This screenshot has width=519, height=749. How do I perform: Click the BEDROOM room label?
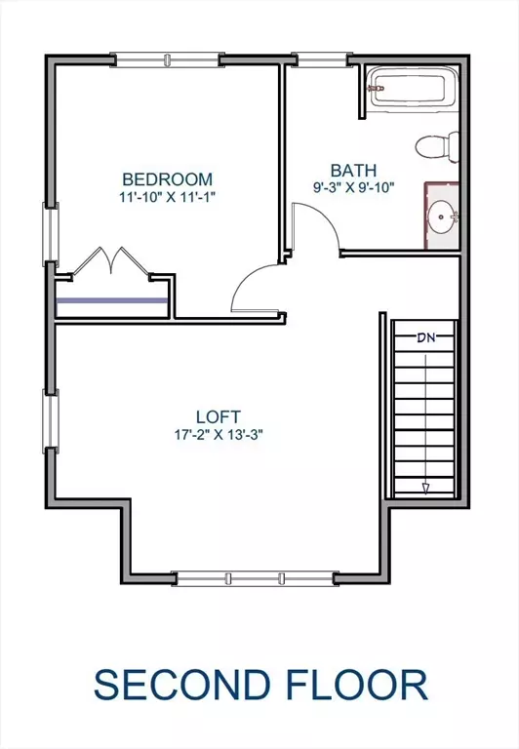pyautogui.click(x=167, y=179)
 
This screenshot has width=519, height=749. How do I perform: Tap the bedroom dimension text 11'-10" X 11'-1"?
pyautogui.click(x=167, y=197)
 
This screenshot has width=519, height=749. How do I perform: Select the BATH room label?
pyautogui.click(x=352, y=170)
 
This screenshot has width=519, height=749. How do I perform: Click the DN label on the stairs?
pyautogui.click(x=425, y=338)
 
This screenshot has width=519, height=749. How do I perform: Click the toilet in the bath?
pyautogui.click(x=435, y=146)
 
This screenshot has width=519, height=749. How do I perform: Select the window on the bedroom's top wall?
pyautogui.click(x=165, y=59)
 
